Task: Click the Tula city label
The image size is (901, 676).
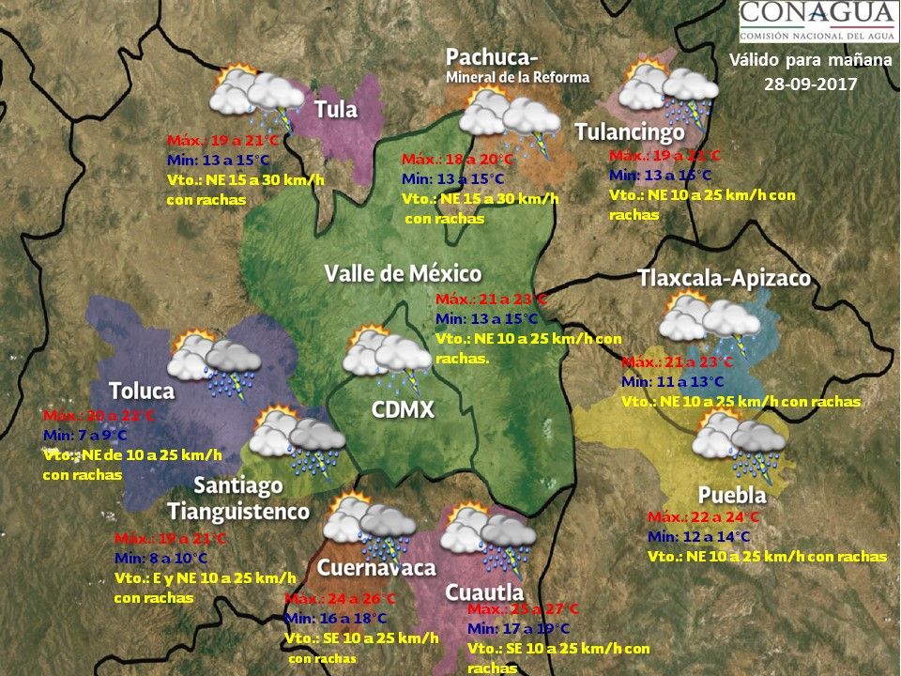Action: [x=336, y=110]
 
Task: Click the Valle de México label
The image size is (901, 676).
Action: [x=403, y=273]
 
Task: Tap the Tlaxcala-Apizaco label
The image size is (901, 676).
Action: [x=724, y=279]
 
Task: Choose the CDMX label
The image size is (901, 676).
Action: [x=403, y=410]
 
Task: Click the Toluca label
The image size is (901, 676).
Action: [x=142, y=391]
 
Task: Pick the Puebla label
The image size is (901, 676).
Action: [x=732, y=495]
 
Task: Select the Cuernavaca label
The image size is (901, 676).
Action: [x=376, y=568]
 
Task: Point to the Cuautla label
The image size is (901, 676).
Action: [x=484, y=592]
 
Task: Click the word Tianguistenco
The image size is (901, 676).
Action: [x=238, y=512]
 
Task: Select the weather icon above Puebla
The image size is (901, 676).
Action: [x=740, y=440]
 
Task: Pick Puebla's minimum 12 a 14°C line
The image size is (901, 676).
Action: [x=699, y=536]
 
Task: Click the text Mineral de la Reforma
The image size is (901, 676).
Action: [x=517, y=77]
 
